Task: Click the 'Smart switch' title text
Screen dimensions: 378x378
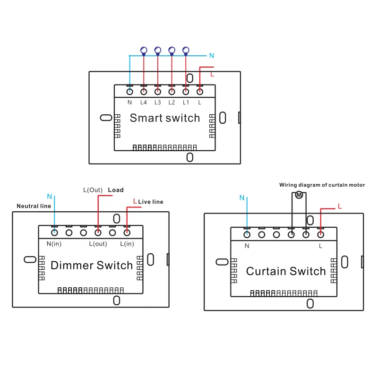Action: click(x=164, y=118)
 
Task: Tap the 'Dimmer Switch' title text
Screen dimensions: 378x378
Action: click(x=92, y=266)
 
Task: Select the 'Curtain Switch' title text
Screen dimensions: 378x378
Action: click(x=286, y=271)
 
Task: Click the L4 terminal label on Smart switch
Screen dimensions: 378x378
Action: click(x=144, y=103)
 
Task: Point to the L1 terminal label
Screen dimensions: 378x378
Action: click(x=186, y=103)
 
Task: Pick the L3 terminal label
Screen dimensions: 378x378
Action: click(x=157, y=103)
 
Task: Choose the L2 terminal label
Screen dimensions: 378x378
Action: click(x=172, y=103)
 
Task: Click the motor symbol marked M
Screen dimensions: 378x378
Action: click(x=299, y=195)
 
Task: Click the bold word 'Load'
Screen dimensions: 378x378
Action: click(x=116, y=190)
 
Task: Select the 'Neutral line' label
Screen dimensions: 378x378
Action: click(x=34, y=206)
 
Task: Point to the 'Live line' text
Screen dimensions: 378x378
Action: click(x=151, y=202)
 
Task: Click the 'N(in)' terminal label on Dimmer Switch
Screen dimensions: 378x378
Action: click(x=54, y=244)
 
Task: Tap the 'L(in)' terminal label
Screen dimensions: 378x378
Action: click(x=127, y=244)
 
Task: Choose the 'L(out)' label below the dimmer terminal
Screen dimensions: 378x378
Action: click(x=98, y=244)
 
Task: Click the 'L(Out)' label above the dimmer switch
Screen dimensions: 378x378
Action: click(x=93, y=190)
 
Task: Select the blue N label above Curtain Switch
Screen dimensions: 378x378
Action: click(x=242, y=198)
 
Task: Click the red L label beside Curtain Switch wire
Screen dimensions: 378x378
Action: click(x=339, y=206)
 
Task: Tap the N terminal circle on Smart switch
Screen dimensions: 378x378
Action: click(x=129, y=91)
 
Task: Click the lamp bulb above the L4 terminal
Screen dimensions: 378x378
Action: click(x=144, y=49)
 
